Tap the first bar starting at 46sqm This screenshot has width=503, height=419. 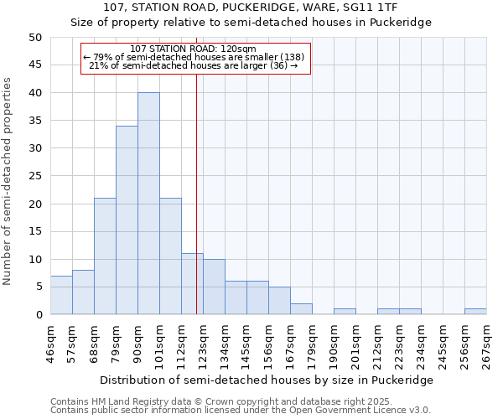click(x=61, y=295)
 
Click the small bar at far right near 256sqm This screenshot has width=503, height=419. click(x=475, y=312)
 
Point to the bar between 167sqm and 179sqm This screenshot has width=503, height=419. click(x=301, y=309)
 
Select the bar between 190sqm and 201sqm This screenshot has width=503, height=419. click(x=345, y=312)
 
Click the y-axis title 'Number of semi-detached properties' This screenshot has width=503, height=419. click(x=8, y=181)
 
